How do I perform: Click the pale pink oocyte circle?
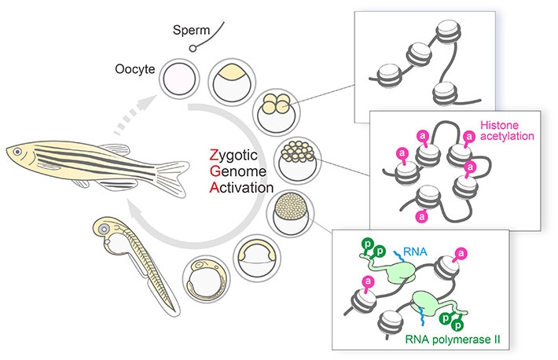click(x=179, y=79)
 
